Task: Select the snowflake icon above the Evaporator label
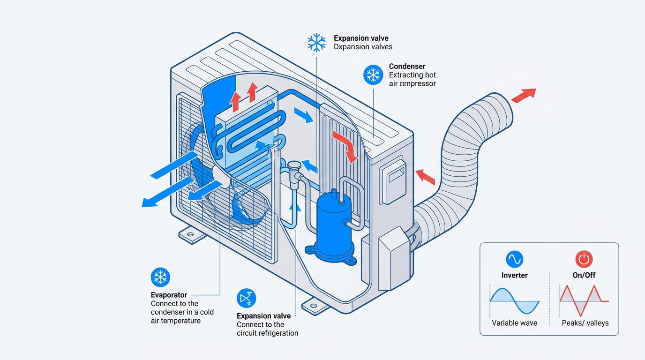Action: pos(160,278)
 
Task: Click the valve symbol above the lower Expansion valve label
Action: pos(247,299)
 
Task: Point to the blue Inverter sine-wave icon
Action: pos(514,259)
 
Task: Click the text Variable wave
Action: pos(514,323)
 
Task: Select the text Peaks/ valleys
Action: pos(585,323)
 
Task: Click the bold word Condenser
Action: pos(407,67)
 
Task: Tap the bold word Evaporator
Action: pos(169,295)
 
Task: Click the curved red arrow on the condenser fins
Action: pos(345,145)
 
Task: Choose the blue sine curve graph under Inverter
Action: pos(514,300)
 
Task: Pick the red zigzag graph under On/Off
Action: pos(584,300)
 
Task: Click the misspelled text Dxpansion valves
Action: pos(363,47)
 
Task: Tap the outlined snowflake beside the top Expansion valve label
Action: pos(316,42)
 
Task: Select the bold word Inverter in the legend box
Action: pos(514,275)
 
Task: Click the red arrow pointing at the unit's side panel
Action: pos(426,177)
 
